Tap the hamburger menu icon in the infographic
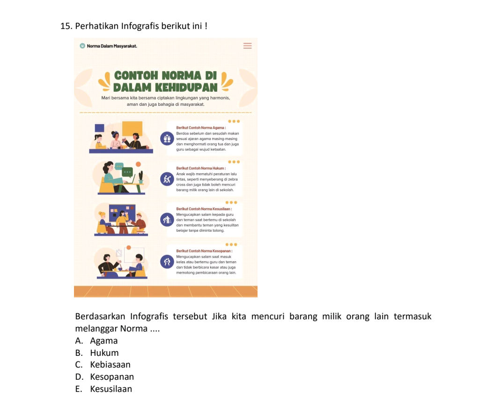click(247, 46)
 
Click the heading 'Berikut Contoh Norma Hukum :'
click(201, 168)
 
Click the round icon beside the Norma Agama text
click(166, 139)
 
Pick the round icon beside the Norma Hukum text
click(166, 179)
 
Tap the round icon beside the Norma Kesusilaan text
click(166, 220)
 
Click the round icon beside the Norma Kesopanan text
click(166, 262)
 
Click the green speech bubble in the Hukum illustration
click(127, 172)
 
